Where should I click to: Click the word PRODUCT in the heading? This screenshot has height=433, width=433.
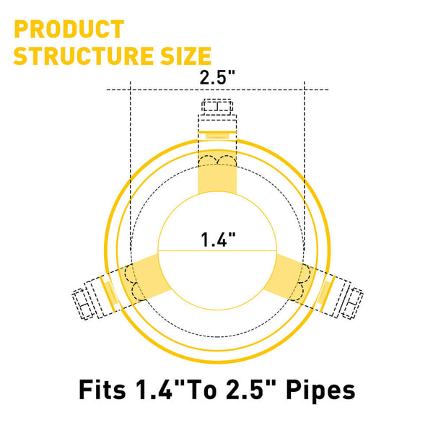pyautogui.click(x=69, y=30)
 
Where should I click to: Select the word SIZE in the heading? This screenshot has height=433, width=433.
pyautogui.click(x=184, y=56)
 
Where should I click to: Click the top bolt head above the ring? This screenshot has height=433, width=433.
pyautogui.click(x=216, y=108)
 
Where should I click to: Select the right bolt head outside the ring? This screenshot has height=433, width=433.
pyautogui.click(x=351, y=303)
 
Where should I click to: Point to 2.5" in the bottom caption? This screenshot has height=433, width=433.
pyautogui.click(x=249, y=390)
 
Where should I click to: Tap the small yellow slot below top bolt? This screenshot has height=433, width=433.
pyautogui.click(x=216, y=135)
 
